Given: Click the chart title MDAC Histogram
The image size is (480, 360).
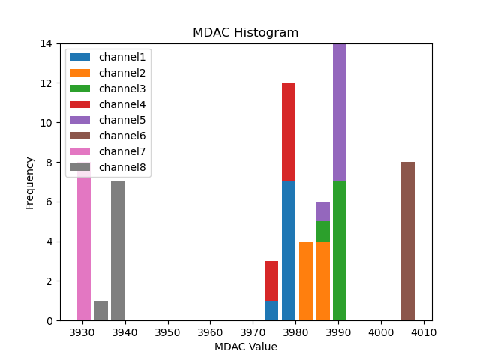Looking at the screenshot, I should click(x=245, y=33).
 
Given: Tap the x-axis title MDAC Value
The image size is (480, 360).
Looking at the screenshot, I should click(x=245, y=346).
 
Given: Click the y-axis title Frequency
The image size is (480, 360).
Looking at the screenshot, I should click(x=30, y=182).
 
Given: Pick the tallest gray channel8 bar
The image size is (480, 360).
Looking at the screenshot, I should click(x=118, y=251).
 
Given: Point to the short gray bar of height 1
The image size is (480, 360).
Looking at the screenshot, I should click(x=100, y=310).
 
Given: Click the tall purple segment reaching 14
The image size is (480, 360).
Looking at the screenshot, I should click(x=340, y=112).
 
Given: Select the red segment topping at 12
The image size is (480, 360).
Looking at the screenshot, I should click(x=289, y=132).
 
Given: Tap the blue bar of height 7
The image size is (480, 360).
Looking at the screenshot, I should click(x=289, y=251).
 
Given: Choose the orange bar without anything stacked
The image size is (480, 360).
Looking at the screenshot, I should click(x=306, y=280).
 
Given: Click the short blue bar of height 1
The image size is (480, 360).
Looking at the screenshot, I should click(x=271, y=310).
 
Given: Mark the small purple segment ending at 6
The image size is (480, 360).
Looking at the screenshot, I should click(x=322, y=211).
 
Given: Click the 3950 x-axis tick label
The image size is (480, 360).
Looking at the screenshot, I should click(x=167, y=331).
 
